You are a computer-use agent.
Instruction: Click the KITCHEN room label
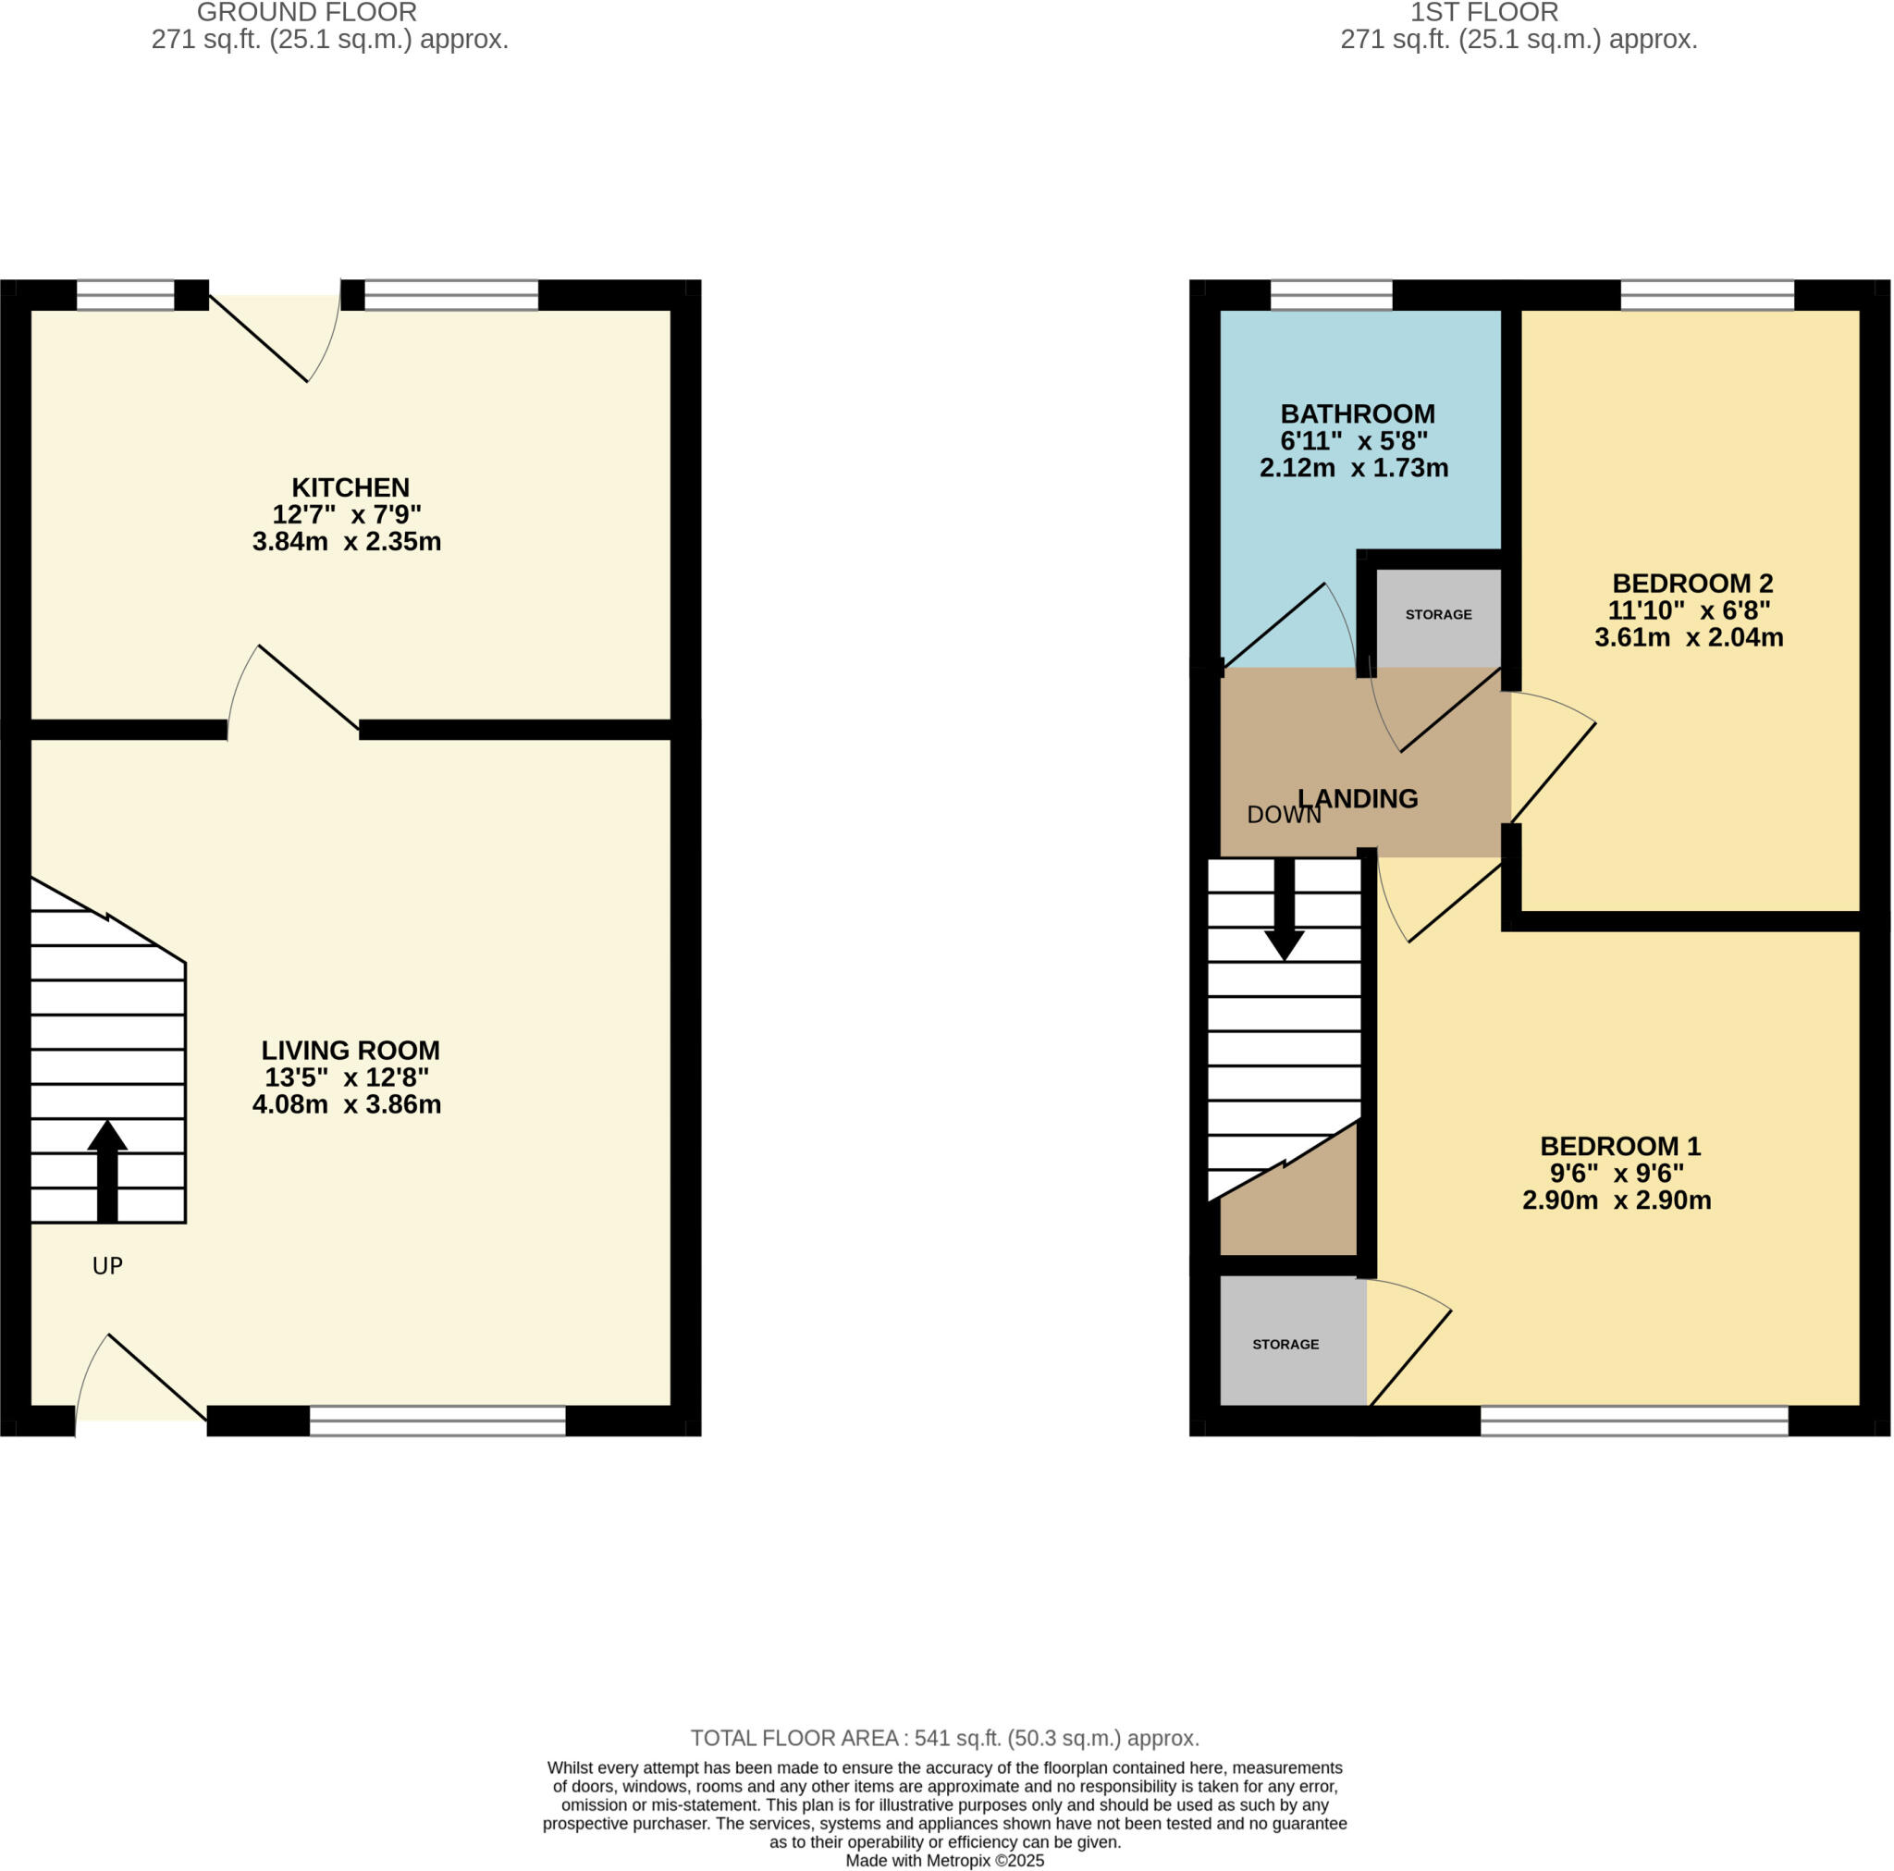point(350,487)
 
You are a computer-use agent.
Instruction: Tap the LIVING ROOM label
point(350,1051)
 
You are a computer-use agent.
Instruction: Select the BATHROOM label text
point(1357,413)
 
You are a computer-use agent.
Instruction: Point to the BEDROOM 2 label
point(1692,584)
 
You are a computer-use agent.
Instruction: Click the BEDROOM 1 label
point(1619,1145)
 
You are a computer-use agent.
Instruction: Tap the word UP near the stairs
point(107,1266)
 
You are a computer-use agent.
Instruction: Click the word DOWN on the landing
point(1283,815)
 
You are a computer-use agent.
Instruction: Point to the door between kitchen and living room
point(294,691)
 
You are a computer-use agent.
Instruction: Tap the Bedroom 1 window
point(1633,1420)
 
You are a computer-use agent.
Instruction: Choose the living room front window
point(437,1420)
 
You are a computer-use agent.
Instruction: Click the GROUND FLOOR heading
point(307,13)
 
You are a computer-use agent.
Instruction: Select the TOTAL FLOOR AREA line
point(944,1739)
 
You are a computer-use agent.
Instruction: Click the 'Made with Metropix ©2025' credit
point(944,1860)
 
